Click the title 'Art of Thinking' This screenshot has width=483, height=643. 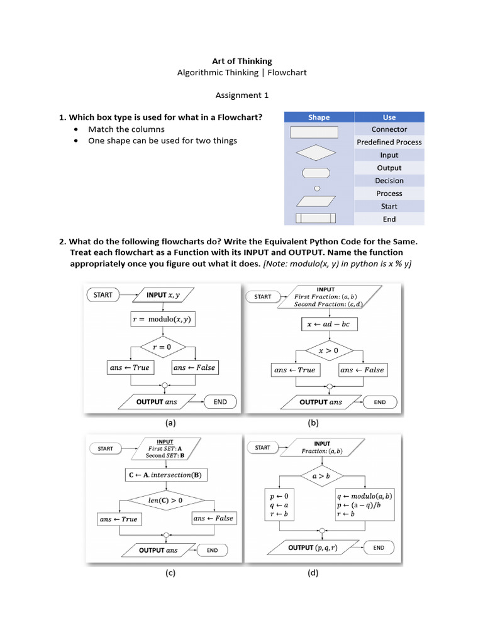click(241, 61)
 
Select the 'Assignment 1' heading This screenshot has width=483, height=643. click(241, 95)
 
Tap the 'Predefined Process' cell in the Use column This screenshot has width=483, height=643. click(389, 142)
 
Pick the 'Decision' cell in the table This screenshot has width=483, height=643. click(389, 181)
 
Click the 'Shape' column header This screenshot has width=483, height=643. click(319, 117)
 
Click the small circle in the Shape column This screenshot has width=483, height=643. click(317, 188)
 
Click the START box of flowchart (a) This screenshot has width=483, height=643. click(103, 294)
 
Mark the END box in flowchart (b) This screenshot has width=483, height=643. click(380, 402)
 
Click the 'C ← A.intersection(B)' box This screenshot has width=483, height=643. click(164, 475)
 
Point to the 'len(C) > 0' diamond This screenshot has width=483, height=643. click(165, 500)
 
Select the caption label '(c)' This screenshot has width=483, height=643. click(170, 573)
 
